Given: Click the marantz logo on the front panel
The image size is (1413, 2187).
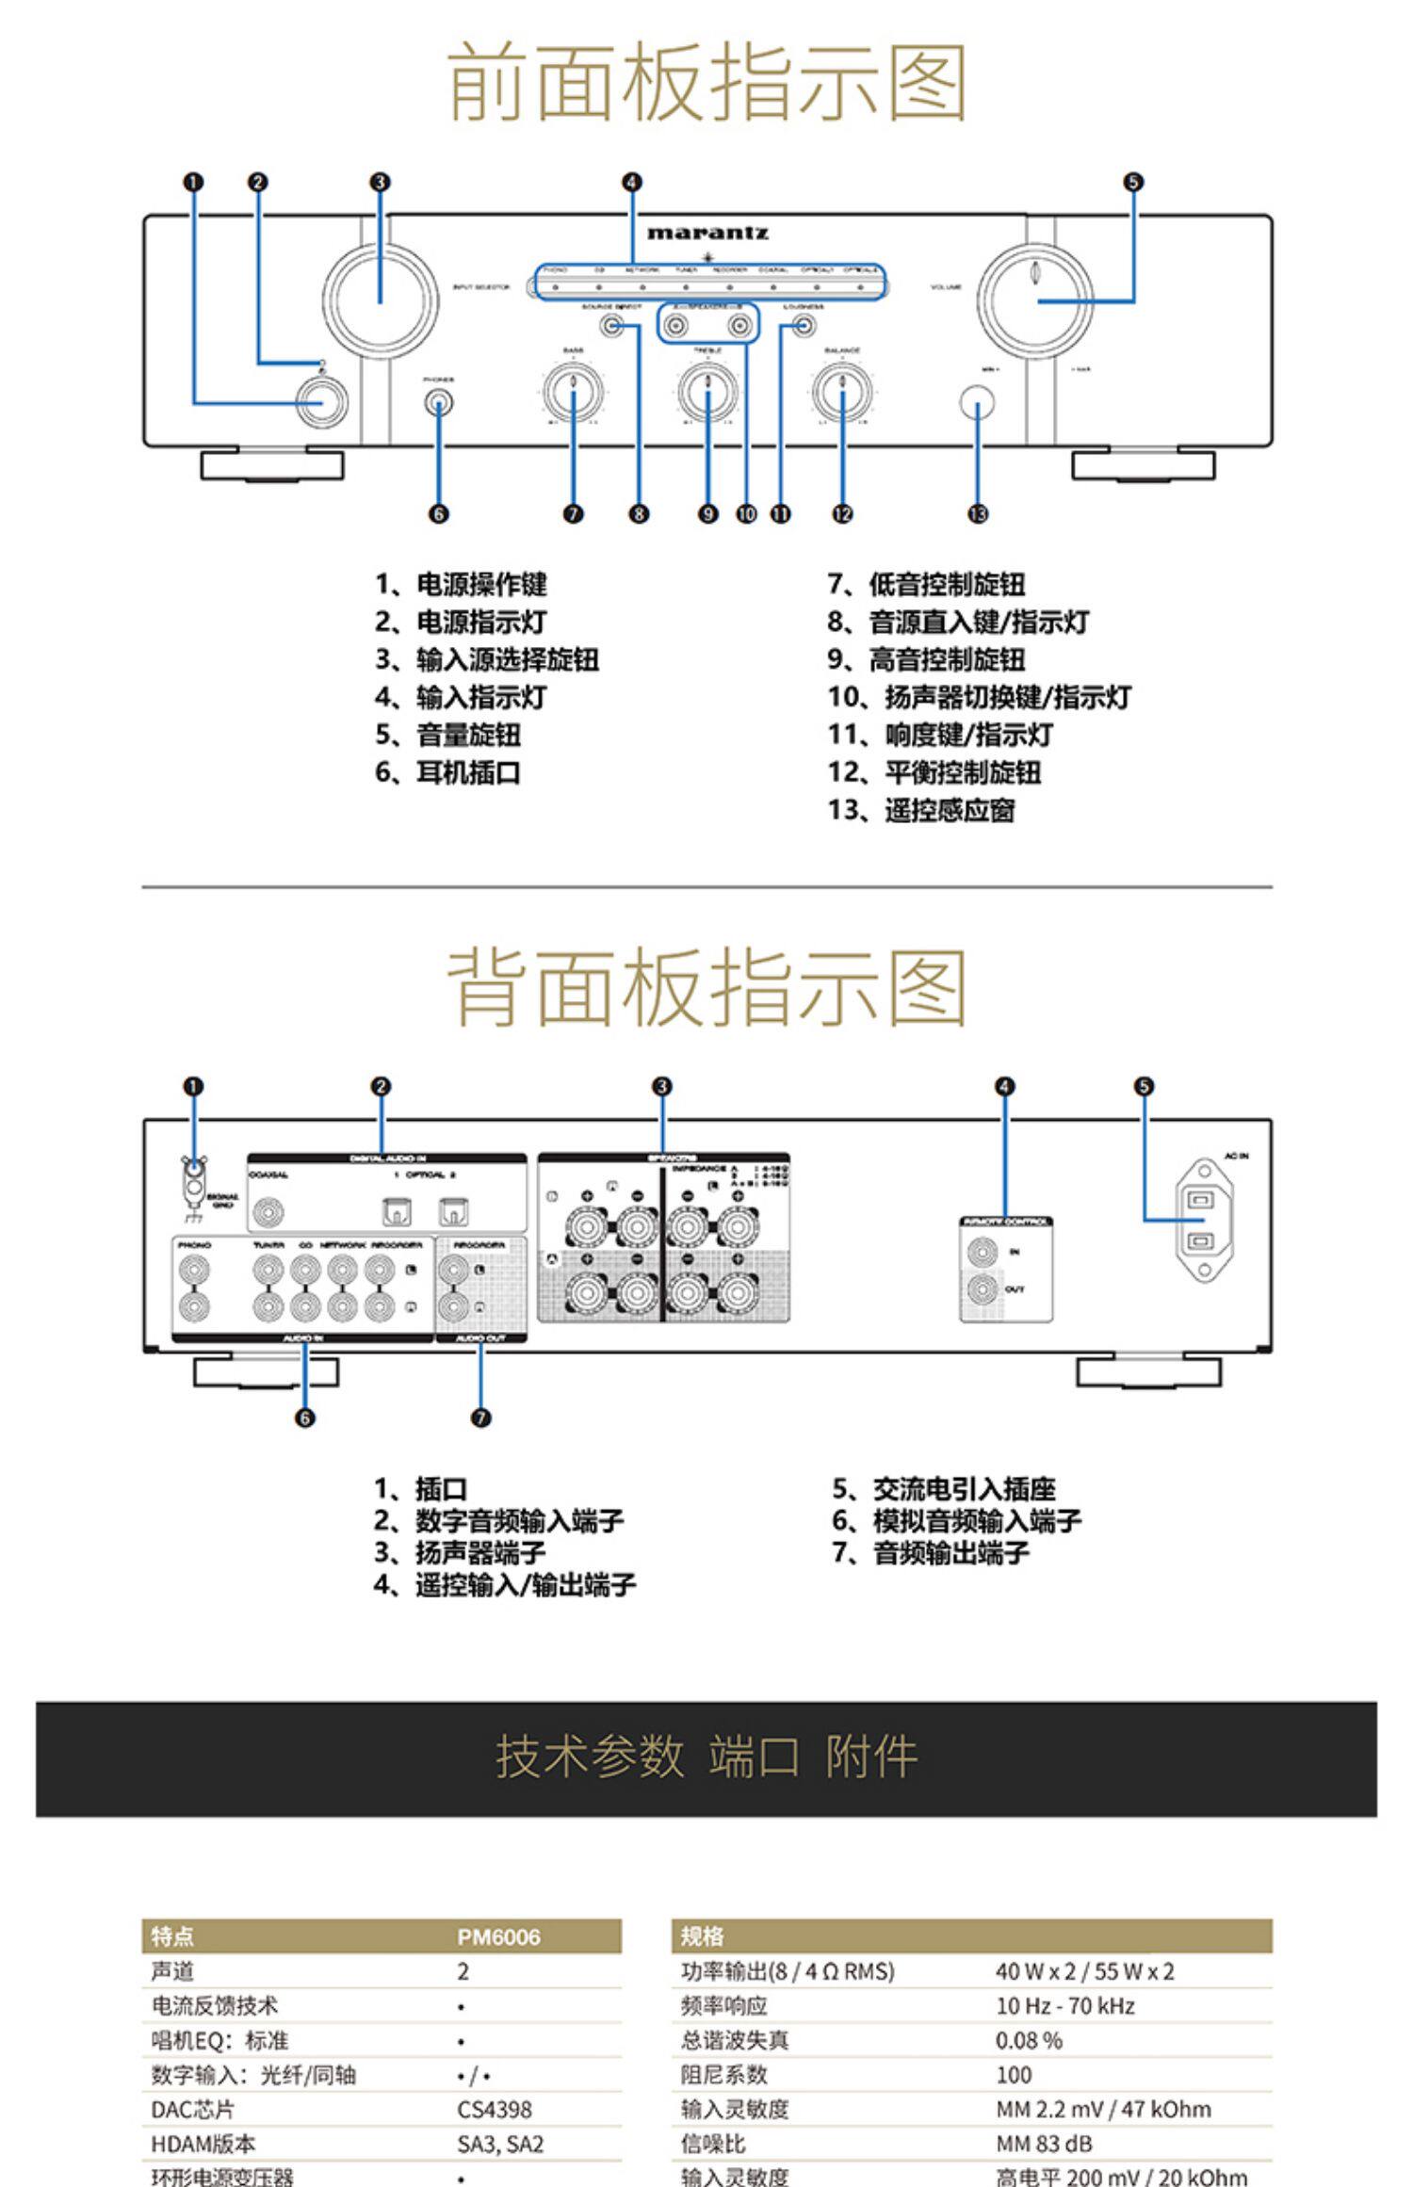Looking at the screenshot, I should tap(707, 233).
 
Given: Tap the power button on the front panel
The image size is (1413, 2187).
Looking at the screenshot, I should tap(321, 403).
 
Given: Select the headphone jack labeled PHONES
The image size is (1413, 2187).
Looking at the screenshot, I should tap(438, 404).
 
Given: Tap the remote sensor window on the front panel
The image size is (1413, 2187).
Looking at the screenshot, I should tap(977, 403).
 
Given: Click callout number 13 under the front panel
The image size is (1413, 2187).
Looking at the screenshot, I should tap(977, 513).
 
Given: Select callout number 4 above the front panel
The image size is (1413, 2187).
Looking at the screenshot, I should tap(632, 182).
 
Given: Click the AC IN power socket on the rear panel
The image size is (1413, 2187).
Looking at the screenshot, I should tap(1202, 1220).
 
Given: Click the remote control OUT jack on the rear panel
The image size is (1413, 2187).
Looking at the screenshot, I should tap(983, 1288).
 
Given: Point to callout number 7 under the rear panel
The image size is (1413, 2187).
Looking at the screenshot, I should tap(480, 1417).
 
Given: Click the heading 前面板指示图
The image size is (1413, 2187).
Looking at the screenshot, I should tap(706, 83).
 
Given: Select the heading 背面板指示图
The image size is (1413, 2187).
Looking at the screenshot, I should tap(706, 988).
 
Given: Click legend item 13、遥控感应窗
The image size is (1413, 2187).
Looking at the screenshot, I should tap(921, 810).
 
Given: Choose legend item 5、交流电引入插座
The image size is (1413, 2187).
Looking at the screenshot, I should tap(943, 1489).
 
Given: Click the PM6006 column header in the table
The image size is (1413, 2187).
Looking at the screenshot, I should tap(498, 1936).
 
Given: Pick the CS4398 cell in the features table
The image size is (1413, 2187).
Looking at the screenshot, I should tap(495, 2109).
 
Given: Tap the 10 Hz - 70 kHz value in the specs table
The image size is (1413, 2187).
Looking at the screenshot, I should tap(1064, 2005).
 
